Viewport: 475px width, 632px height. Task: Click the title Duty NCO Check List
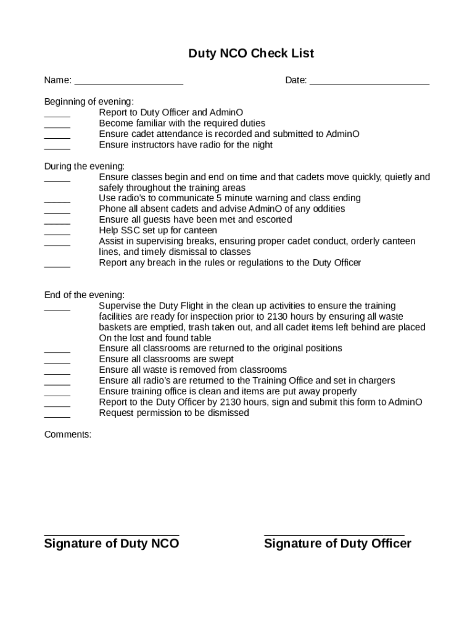click(x=251, y=54)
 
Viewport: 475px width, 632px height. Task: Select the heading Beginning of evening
click(x=89, y=102)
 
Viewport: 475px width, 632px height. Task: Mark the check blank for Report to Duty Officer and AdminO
click(x=57, y=115)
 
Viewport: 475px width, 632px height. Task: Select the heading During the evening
click(x=85, y=166)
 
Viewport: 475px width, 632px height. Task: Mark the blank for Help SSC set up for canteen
click(x=57, y=233)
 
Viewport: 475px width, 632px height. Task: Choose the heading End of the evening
click(x=85, y=295)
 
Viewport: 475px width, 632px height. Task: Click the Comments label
click(x=67, y=434)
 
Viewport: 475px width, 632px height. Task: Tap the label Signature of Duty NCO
click(x=112, y=544)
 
